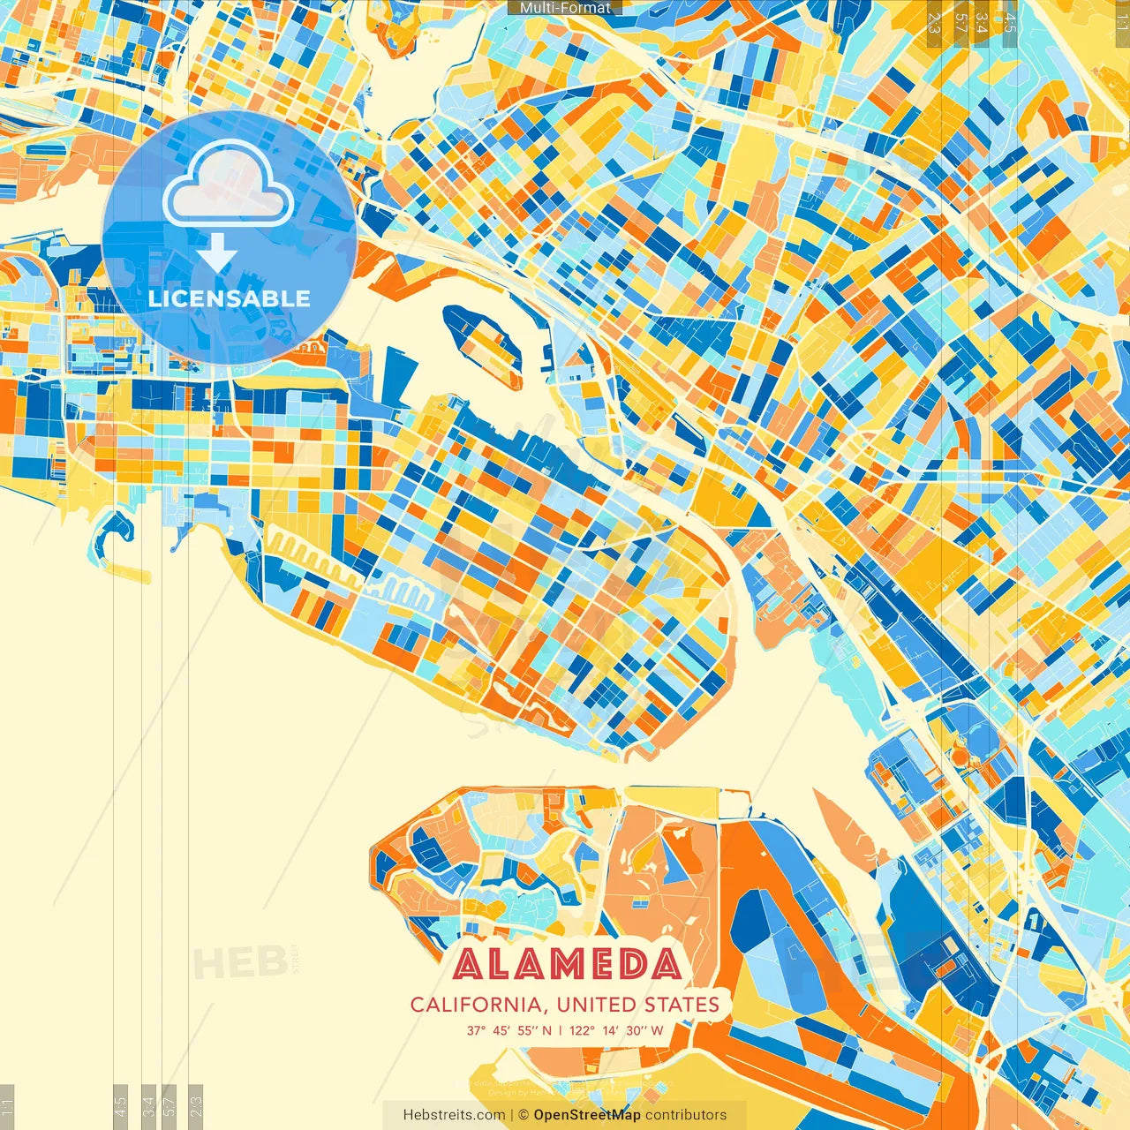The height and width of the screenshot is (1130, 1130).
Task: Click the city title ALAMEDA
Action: click(x=568, y=964)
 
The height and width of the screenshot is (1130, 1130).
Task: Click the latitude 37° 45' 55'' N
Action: click(x=509, y=1030)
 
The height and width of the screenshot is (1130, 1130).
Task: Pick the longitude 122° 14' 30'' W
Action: click(x=616, y=1030)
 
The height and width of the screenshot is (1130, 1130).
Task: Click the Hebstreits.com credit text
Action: click(x=454, y=1115)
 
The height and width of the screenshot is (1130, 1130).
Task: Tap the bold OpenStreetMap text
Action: click(x=586, y=1115)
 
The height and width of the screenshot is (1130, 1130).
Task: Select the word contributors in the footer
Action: click(x=686, y=1115)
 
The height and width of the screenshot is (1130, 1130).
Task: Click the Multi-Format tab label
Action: click(x=565, y=8)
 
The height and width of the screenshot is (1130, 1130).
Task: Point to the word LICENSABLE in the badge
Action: click(x=230, y=298)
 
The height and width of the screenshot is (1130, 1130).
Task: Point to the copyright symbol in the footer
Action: click(x=523, y=1115)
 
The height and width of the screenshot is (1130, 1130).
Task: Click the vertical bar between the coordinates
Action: click(x=561, y=1030)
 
